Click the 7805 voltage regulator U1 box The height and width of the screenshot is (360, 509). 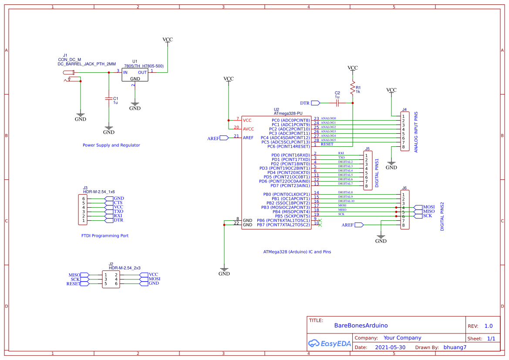135,75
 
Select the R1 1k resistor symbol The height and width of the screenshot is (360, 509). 353,88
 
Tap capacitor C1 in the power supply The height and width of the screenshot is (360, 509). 109,99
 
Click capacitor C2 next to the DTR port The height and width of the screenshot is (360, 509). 337,103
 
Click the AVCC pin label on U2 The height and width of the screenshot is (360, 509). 248,129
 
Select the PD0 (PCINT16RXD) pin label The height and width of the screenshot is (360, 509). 290,155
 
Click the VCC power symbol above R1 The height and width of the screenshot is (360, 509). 353,69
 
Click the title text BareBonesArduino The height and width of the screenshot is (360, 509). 361,326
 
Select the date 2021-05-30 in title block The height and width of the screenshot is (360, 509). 390,347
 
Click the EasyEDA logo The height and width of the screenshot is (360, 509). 330,343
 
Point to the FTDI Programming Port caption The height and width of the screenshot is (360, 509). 105,236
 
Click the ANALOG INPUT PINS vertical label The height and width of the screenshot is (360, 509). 416,131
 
